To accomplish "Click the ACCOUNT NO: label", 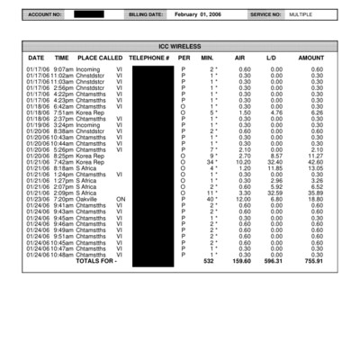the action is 45,15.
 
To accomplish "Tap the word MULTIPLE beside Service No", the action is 302,15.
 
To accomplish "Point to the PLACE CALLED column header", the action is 100,58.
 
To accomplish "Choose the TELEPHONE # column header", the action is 149,58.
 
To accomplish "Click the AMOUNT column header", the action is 310,58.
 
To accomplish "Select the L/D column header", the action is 271,58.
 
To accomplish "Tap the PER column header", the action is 184,58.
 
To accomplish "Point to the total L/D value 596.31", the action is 272,261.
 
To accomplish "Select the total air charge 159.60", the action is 242,261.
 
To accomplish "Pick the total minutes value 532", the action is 209,261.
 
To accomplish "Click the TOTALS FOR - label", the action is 96,261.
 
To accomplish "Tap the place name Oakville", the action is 89,199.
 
